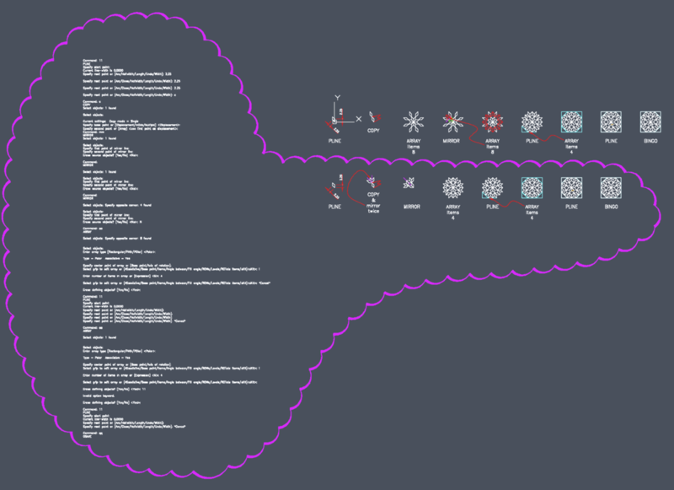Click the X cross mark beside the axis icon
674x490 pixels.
(358, 120)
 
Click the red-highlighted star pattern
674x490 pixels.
(492, 122)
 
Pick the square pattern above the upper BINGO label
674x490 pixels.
(650, 121)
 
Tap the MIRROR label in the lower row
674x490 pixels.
(411, 205)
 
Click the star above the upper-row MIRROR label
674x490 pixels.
(452, 122)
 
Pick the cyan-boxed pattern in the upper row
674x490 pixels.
(571, 122)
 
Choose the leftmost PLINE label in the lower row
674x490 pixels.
(335, 205)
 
